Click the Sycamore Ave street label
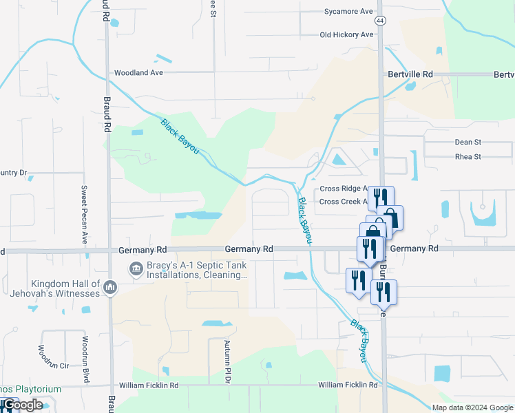click(x=348, y=12)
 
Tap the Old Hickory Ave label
click(x=346, y=35)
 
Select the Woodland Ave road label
click(x=138, y=72)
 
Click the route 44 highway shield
click(x=381, y=21)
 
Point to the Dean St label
click(x=468, y=142)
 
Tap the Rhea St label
click(x=468, y=156)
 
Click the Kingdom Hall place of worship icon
click(x=110, y=286)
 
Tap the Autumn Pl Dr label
click(x=226, y=361)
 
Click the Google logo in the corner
click(x=22, y=405)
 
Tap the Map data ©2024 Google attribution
click(x=472, y=407)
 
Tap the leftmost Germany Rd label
click(x=143, y=249)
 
